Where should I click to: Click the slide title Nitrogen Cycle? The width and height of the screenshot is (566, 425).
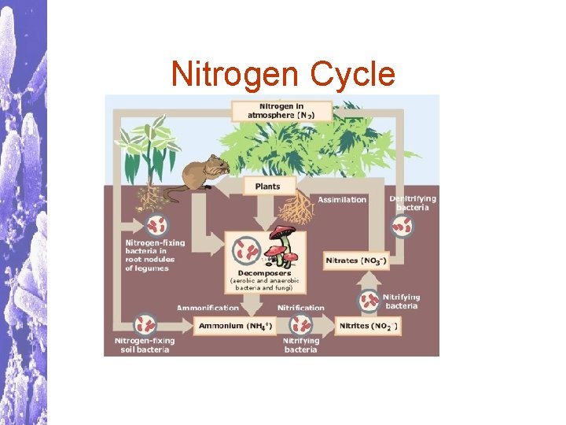[283, 75]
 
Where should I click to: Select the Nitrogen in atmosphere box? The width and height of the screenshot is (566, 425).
[282, 110]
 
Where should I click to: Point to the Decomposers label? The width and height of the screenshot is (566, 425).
[264, 273]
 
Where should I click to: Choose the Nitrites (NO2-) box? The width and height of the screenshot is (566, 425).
[367, 325]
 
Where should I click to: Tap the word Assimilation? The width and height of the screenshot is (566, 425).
[343, 200]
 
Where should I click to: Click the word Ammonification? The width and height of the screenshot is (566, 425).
[208, 308]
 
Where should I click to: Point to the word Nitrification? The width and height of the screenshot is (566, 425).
[300, 308]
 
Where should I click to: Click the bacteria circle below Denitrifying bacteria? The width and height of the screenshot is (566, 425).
[402, 227]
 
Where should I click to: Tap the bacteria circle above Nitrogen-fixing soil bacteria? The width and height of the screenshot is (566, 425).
[145, 323]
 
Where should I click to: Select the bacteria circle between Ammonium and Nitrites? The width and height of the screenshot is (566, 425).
[300, 324]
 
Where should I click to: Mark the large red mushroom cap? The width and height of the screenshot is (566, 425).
[281, 233]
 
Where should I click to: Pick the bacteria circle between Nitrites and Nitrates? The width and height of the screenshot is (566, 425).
[369, 300]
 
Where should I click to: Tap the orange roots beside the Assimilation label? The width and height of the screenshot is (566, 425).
[296, 207]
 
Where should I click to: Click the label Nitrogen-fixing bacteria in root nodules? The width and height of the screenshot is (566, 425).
[149, 255]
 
